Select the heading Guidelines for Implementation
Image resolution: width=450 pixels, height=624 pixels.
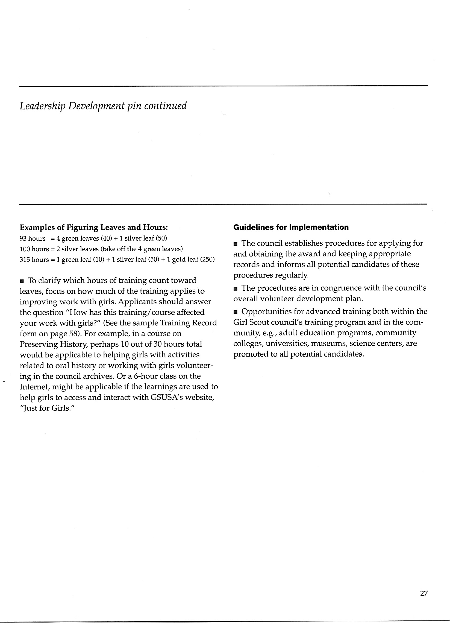tap(291, 227)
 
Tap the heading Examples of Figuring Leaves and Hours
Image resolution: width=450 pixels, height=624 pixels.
tap(94, 228)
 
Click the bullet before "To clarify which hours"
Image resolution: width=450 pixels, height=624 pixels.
tap(22, 281)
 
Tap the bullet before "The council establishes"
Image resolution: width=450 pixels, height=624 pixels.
tap(235, 244)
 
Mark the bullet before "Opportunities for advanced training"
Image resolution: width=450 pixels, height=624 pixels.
tap(235, 312)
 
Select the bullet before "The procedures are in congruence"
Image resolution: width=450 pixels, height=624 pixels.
tap(235, 289)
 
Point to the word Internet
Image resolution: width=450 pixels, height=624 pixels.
tap(33, 387)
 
